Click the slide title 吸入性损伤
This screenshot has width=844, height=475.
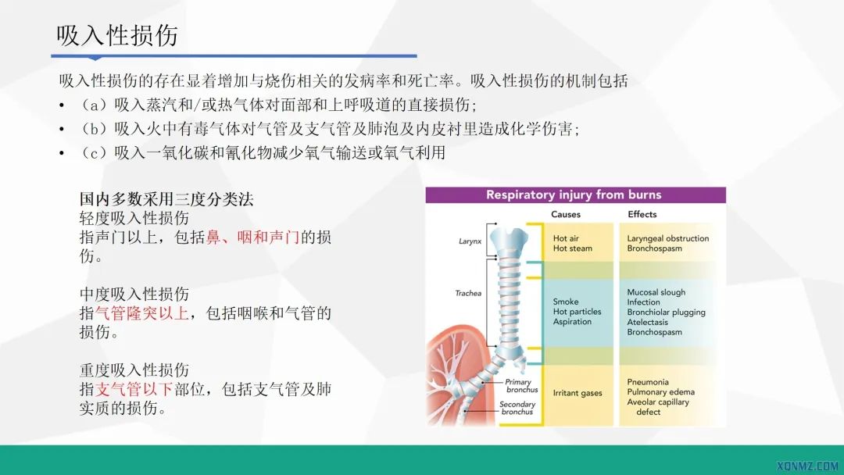click(117, 35)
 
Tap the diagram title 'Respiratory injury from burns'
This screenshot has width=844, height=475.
click(574, 195)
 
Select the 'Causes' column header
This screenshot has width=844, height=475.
click(566, 215)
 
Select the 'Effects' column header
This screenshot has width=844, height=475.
click(642, 215)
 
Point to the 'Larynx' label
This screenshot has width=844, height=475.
click(470, 242)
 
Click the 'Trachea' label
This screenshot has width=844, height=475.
click(468, 294)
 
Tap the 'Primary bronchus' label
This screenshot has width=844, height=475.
click(518, 386)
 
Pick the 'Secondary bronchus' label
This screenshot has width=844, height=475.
click(517, 409)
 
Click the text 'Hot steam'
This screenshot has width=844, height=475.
click(573, 248)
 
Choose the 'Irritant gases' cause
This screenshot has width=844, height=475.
click(578, 393)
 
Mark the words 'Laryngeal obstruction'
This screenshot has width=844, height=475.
click(668, 238)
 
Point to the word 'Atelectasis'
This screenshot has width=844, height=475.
click(648, 322)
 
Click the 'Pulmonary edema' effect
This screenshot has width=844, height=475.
click(660, 392)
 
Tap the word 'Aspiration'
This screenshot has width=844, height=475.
click(573, 322)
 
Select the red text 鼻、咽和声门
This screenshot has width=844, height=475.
click(253, 237)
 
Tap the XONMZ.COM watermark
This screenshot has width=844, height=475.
click(808, 466)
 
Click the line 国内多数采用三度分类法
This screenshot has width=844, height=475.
click(166, 199)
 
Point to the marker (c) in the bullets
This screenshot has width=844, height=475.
click(94, 153)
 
